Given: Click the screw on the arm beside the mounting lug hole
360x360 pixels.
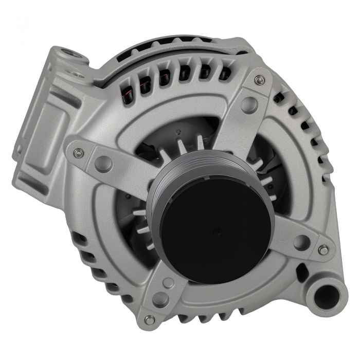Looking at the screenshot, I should point(323,250).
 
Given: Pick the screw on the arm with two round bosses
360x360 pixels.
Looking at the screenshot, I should point(150,320).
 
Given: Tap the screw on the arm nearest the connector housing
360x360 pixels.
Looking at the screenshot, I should point(79,153).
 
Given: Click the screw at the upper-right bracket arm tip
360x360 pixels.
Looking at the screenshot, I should point(260,80).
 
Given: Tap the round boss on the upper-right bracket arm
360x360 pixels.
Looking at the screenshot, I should point(249,104).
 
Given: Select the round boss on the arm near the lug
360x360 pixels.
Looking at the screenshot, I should point(301,242).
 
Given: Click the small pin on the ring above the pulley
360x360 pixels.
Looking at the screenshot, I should point(178,133).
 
